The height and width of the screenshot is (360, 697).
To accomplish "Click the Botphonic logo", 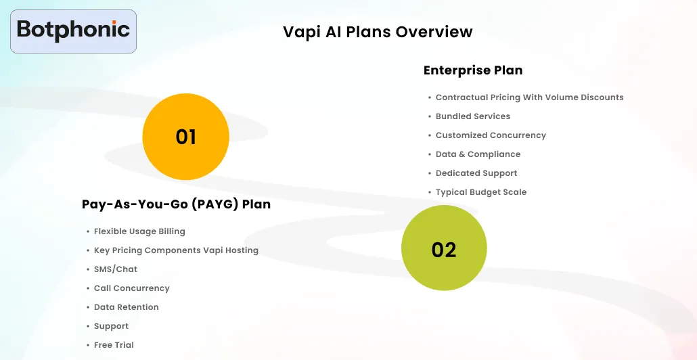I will click(73, 30).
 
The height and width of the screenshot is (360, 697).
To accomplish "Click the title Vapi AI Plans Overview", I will click(378, 32).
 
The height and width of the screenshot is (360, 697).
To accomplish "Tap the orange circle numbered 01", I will click(185, 137).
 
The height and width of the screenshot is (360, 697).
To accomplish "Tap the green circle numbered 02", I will click(444, 249).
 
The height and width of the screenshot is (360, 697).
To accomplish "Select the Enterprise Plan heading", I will click(473, 70).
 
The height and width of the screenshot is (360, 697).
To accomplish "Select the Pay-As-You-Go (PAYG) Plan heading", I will click(176, 204).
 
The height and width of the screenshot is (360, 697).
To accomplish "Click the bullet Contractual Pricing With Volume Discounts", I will click(529, 97).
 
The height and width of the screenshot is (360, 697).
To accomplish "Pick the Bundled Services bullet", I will click(472, 116).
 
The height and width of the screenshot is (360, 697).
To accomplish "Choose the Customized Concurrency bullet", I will click(491, 135).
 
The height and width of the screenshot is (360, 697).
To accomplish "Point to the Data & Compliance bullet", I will click(478, 154).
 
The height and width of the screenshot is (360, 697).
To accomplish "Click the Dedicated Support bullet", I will click(476, 173).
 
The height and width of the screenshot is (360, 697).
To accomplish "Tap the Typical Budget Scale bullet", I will click(480, 192).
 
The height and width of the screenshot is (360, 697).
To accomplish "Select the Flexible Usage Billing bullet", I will click(139, 231).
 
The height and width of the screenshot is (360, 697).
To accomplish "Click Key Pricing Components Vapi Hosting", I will click(176, 250).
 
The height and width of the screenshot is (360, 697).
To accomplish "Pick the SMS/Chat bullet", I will click(116, 269).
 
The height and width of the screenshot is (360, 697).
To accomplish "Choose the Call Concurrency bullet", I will click(131, 288).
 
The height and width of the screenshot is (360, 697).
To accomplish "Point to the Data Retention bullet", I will click(126, 307).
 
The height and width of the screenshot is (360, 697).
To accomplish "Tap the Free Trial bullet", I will click(114, 345).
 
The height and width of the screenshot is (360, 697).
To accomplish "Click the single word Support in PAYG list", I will click(111, 326).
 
